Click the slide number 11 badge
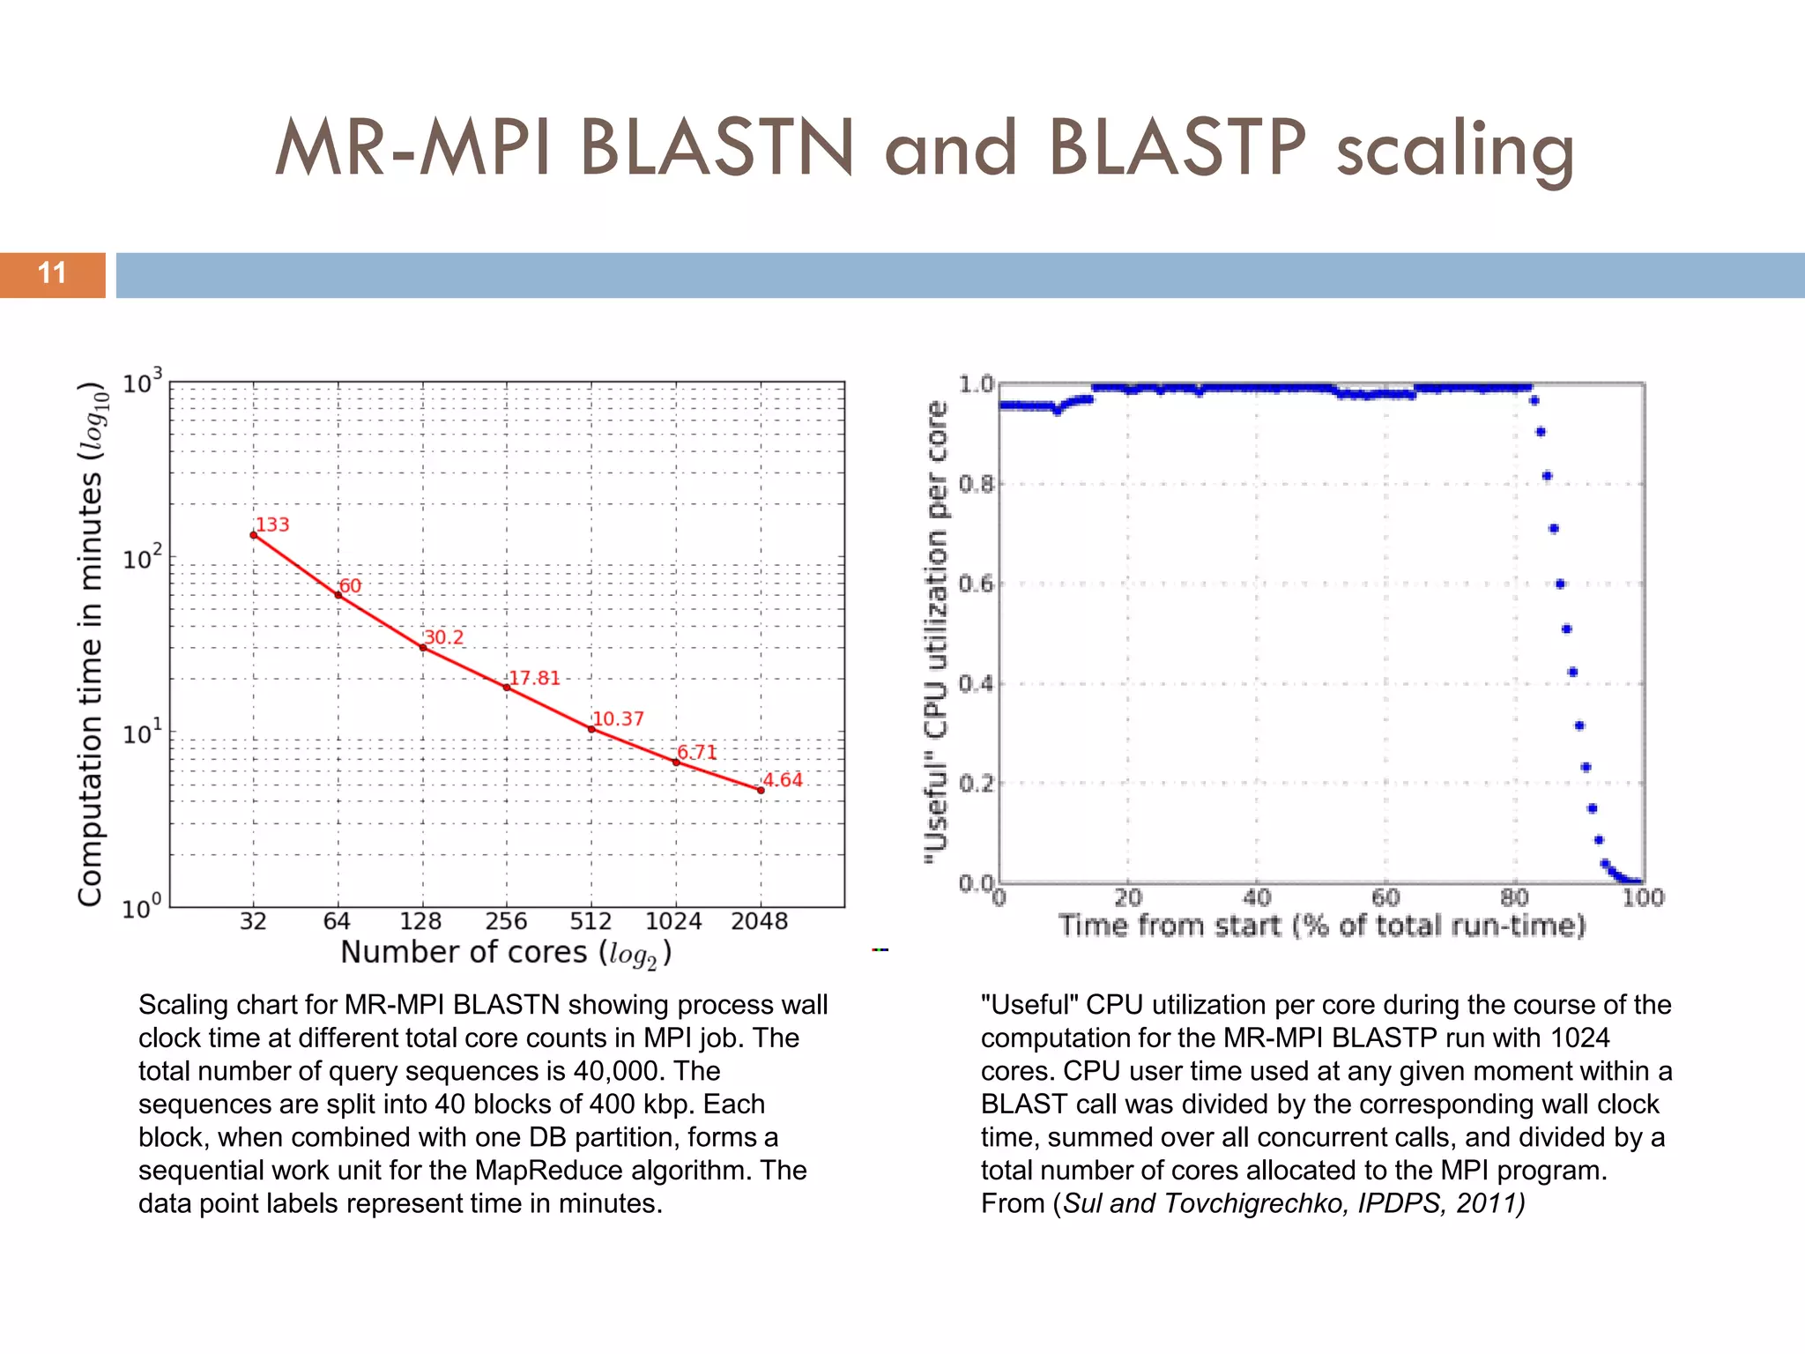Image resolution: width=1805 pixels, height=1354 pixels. pyautogui.click(x=52, y=274)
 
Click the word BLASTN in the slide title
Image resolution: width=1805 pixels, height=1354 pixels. pyautogui.click(x=717, y=147)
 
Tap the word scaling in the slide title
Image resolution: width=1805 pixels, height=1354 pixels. pyautogui.click(x=1455, y=150)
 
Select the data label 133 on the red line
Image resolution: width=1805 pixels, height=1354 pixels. pyautogui.click(x=272, y=524)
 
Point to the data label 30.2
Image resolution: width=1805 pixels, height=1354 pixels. pyautogui.click(x=443, y=637)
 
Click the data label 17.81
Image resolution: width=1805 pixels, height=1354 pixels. pyautogui.click(x=534, y=678)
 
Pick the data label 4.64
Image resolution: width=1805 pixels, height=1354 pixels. pyautogui.click(x=783, y=779)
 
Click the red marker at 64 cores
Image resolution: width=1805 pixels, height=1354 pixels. pyautogui.click(x=338, y=595)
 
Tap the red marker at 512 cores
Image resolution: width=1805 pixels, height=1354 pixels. pyautogui.click(x=591, y=729)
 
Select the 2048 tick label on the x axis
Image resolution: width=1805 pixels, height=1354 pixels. pyautogui.click(x=759, y=921)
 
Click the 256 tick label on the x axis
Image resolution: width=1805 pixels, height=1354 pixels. pyautogui.click(x=506, y=921)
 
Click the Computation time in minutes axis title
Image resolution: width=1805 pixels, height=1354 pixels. pyautogui.click(x=92, y=644)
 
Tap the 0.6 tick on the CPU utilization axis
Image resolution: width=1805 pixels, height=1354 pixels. pyautogui.click(x=976, y=584)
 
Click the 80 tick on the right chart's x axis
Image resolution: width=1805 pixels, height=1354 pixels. pyautogui.click(x=1514, y=898)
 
